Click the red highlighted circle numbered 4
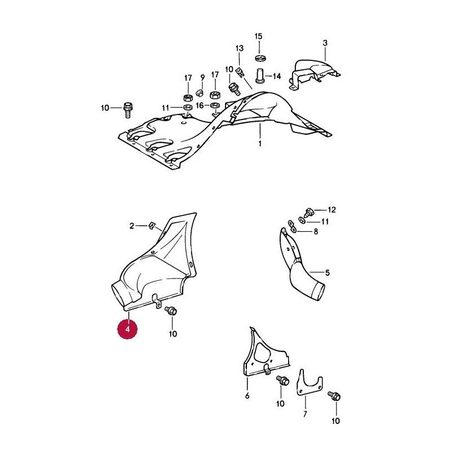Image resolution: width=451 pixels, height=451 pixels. click(x=127, y=329)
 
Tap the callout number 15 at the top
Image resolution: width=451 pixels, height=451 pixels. click(x=259, y=37)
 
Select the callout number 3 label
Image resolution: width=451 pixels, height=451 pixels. click(x=325, y=43)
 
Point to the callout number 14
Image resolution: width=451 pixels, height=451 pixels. click(x=277, y=76)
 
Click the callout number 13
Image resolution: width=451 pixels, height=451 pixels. click(x=239, y=48)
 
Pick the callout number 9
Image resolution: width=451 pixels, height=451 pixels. click(x=202, y=78)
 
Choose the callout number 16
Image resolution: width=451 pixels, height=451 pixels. click(x=200, y=105)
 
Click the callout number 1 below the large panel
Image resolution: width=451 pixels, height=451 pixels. click(x=260, y=143)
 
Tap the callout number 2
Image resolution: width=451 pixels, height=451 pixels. click(x=132, y=226)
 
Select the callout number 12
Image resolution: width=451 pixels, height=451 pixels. click(x=331, y=210)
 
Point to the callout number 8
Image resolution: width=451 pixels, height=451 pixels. click(x=316, y=232)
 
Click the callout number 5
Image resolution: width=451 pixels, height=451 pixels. click(x=328, y=272)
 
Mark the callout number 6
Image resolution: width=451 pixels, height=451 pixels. click(x=247, y=396)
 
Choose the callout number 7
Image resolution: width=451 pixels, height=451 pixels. click(x=305, y=414)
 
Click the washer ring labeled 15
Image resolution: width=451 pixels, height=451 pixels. click(x=260, y=58)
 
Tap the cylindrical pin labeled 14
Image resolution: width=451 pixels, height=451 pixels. click(x=260, y=76)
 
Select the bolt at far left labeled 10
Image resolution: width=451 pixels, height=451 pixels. click(x=127, y=109)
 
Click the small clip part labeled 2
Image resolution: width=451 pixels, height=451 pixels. click(x=152, y=226)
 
